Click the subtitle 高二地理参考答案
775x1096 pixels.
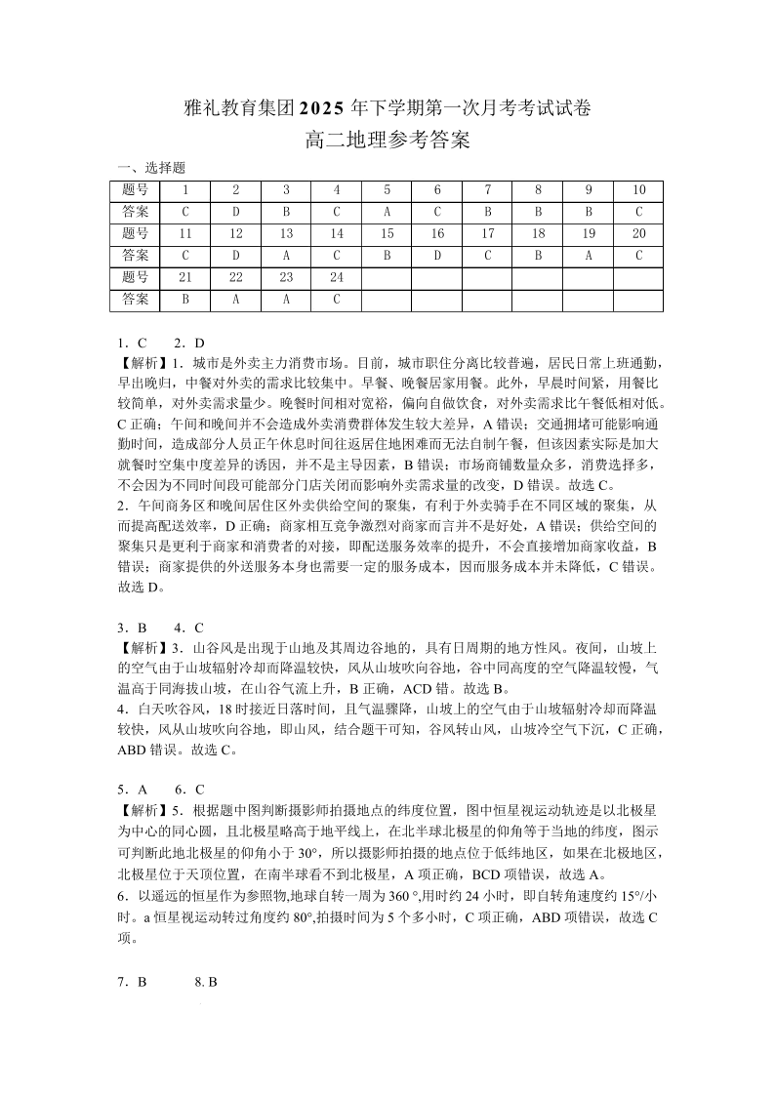[387, 141]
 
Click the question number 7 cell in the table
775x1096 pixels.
[487, 190]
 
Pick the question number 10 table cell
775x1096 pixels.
[638, 190]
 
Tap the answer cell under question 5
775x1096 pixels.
[387, 212]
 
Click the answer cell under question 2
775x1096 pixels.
[236, 212]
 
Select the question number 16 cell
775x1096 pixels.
[437, 234]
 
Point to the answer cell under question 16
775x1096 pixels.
[437, 256]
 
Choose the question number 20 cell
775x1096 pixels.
[638, 234]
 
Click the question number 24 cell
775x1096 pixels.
[337, 278]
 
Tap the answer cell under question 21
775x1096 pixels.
[185, 300]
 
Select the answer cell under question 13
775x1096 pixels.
[286, 256]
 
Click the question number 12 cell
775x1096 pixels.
[236, 234]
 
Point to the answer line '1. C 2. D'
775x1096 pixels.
[161, 344]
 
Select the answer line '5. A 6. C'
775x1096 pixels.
[161, 790]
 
